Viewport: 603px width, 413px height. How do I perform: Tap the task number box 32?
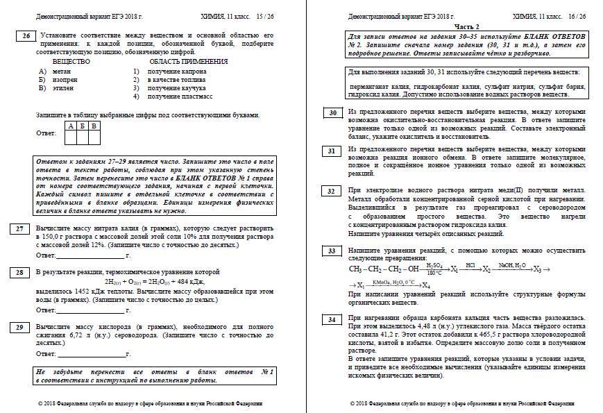[333, 191]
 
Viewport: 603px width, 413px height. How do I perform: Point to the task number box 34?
[333, 319]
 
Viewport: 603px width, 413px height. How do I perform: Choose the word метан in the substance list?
[61, 71]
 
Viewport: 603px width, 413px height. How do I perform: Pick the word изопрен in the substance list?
[65, 80]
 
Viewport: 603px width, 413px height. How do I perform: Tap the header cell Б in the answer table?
[83, 126]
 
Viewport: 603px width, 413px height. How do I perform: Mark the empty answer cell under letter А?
[71, 137]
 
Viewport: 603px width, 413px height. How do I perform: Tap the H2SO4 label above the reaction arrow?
[435, 265]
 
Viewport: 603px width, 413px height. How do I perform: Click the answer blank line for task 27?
[93, 255]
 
